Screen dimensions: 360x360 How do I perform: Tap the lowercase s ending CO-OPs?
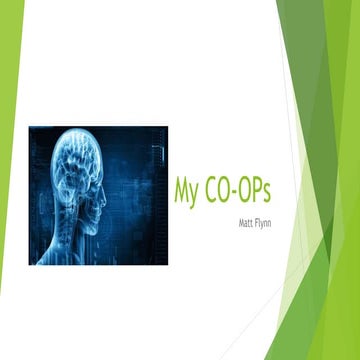click(275, 191)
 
